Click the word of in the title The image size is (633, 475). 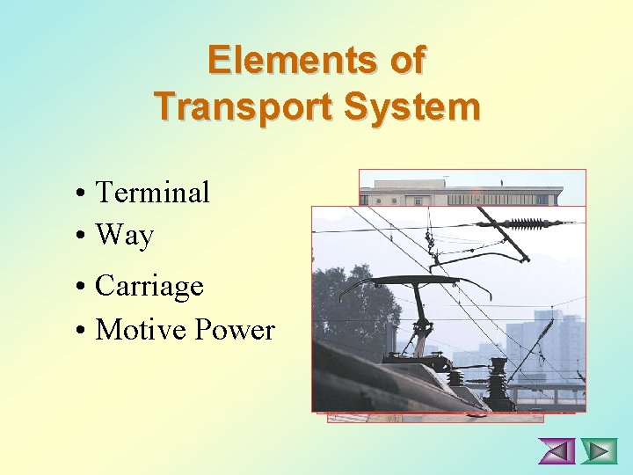[x=406, y=60]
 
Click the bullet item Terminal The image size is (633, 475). [x=152, y=192]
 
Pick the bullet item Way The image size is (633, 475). [x=124, y=235]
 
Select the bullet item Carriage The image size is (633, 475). [x=149, y=286]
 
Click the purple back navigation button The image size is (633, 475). [x=556, y=451]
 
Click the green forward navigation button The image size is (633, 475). [x=600, y=451]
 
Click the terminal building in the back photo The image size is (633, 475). [x=466, y=190]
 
